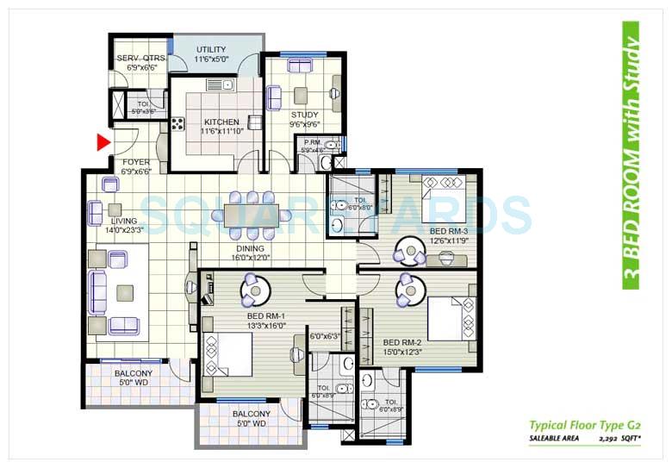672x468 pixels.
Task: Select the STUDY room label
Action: tap(304, 115)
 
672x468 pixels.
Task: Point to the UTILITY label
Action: tap(211, 48)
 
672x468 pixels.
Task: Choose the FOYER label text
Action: tap(136, 161)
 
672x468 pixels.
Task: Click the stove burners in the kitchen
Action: tap(178, 123)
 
